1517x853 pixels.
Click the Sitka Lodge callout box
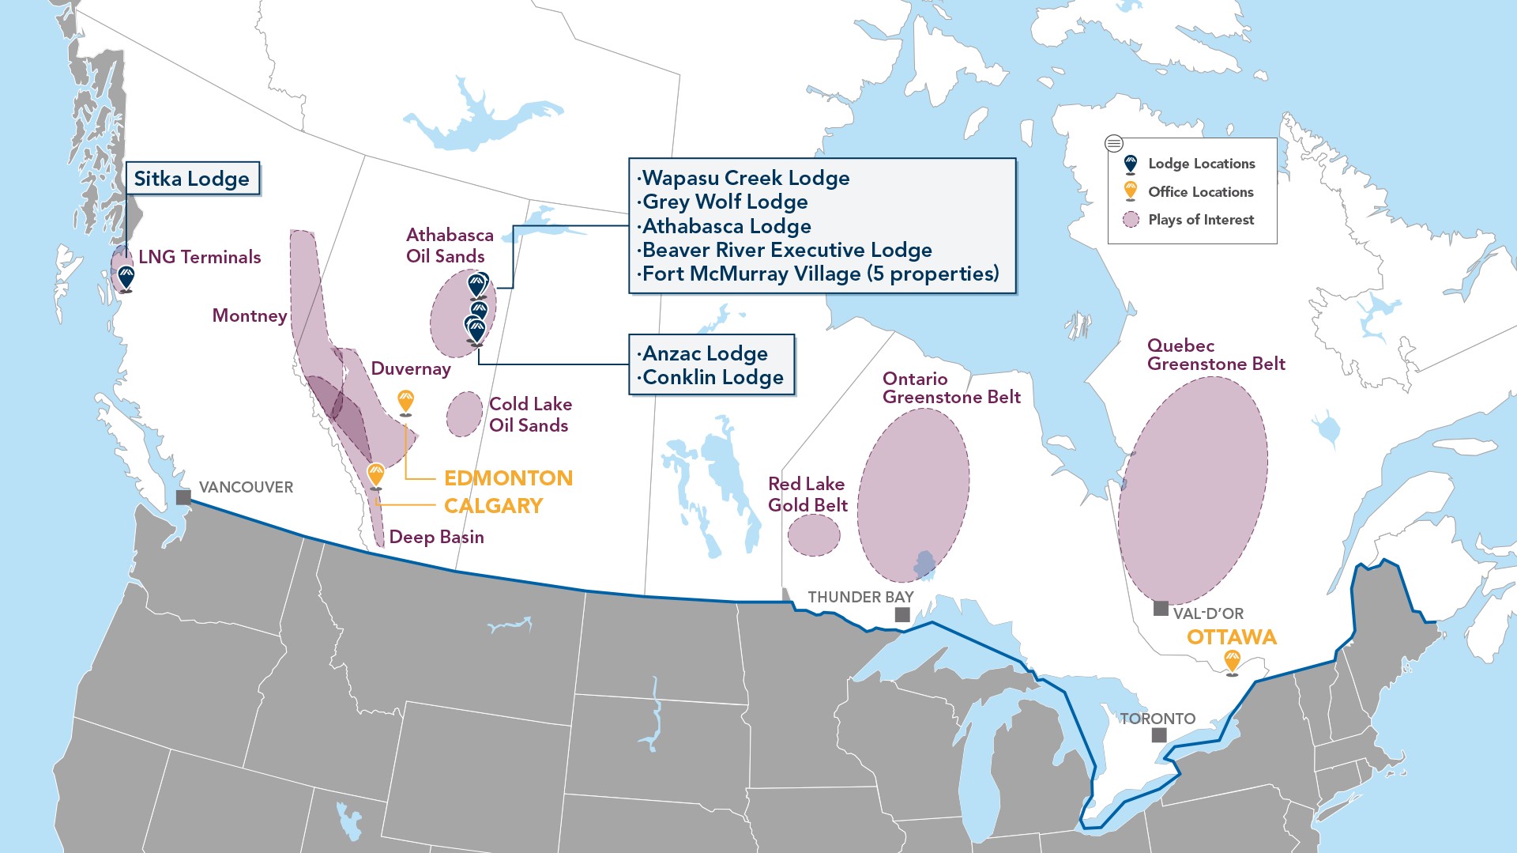192,179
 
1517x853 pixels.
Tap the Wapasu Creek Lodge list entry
745,178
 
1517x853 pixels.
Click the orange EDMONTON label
508,478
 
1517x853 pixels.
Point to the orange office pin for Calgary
376,474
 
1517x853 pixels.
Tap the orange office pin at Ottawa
1232,660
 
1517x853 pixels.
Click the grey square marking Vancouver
183,497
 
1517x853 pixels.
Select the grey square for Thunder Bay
902,614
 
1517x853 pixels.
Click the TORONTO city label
1158,719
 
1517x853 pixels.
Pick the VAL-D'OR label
1208,613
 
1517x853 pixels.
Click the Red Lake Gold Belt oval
814,535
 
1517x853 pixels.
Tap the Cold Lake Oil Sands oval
465,413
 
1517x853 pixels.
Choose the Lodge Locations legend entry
1201,164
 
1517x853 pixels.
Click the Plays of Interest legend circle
1131,220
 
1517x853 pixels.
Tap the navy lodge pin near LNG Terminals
126,276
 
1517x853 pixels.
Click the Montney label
250,315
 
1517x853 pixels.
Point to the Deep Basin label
436,537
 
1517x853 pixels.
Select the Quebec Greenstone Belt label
1215,355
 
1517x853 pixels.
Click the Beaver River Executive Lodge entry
786,250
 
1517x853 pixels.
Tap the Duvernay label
411,368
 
